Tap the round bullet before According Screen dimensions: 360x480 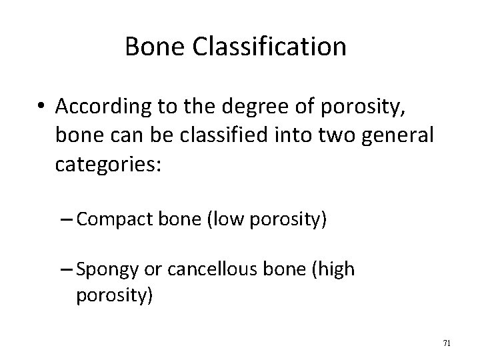43,106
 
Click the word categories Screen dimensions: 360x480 108,164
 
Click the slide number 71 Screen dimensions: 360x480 447,343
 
